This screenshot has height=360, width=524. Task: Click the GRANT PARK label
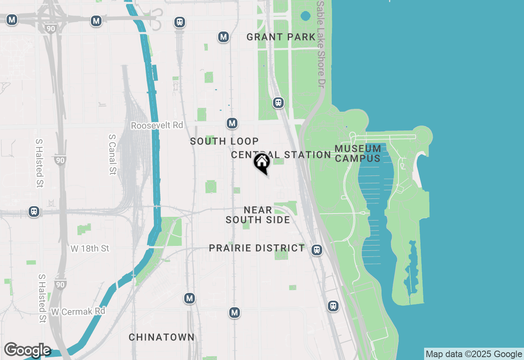pos(281,37)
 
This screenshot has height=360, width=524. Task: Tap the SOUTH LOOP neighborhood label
pos(224,142)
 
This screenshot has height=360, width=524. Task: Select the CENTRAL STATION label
pos(281,155)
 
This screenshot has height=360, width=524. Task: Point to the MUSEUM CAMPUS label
pos(358,153)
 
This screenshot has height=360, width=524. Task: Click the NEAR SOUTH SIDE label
pos(258,215)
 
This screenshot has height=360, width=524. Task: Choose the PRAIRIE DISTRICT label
pos(257,248)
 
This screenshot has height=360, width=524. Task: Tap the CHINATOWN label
pos(162,337)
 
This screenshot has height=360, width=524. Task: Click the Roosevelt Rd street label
pos(157,126)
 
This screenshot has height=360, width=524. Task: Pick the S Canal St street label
pos(113,154)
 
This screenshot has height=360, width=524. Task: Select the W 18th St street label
pos(90,249)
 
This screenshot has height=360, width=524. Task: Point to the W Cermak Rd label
pos(78,312)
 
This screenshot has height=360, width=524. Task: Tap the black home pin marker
pos(262,163)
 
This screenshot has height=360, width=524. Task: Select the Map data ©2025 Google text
pos(474,354)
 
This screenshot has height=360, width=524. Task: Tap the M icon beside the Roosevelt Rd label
pos(232,123)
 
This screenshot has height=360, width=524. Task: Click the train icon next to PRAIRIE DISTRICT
pos(316,250)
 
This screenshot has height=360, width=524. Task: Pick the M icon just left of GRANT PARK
pos(223,37)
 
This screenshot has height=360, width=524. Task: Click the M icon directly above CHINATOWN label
pos(189,299)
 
